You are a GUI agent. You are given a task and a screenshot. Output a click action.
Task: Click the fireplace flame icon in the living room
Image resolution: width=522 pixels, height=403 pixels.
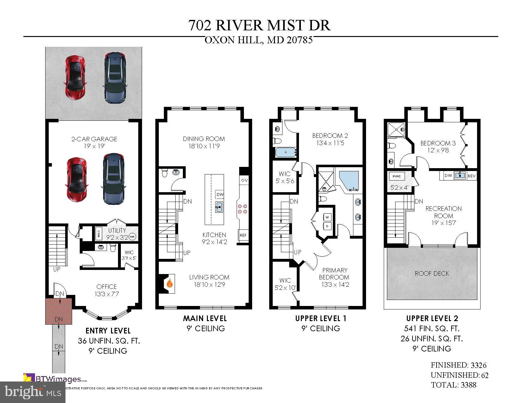click(170, 283)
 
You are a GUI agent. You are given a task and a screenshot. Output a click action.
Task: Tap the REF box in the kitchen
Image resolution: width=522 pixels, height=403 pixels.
click(243, 235)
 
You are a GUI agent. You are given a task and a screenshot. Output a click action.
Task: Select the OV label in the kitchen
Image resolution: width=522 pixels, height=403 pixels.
click(244, 180)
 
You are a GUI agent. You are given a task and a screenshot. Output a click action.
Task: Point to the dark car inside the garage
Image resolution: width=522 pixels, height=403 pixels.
click(113, 179)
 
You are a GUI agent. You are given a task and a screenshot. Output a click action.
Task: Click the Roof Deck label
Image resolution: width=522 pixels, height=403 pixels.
click(432, 273)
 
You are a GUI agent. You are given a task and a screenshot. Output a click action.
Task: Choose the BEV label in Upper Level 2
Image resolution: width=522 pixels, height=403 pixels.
click(471, 176)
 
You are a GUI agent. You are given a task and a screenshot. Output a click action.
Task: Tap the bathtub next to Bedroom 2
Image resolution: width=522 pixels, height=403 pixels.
click(286, 152)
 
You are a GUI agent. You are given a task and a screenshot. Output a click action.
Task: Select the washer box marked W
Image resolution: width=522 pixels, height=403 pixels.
click(327, 217)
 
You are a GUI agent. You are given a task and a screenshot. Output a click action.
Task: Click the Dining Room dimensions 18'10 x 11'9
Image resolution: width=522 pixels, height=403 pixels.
click(204, 146)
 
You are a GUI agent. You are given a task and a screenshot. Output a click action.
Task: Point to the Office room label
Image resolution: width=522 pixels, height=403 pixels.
click(107, 287)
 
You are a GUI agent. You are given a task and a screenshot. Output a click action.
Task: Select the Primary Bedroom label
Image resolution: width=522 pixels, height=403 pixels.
click(335, 274)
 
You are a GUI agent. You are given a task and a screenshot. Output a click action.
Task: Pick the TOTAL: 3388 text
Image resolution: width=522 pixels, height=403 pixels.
click(453, 385)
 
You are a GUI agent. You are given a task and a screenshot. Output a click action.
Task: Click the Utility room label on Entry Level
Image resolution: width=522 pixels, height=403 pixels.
click(117, 230)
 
